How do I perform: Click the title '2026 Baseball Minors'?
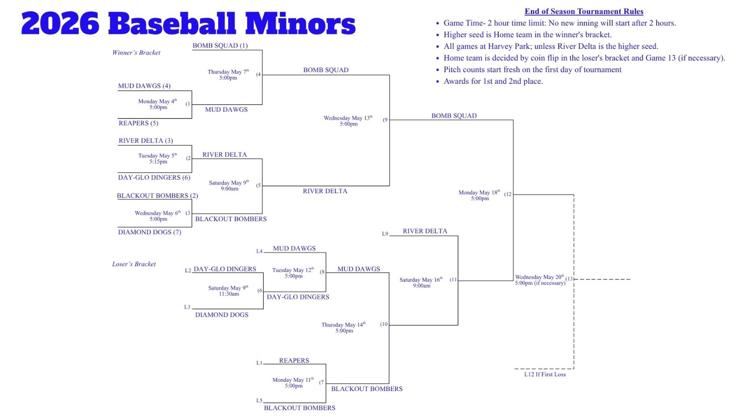tap(188, 23)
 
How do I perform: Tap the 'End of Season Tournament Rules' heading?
tap(584, 11)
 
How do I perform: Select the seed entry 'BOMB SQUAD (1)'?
tap(220, 46)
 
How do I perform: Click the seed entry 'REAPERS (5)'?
tap(138, 123)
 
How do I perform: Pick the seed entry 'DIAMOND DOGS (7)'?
tap(149, 232)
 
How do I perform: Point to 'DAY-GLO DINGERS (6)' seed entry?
tap(154, 177)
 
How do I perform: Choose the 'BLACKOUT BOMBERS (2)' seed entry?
tap(157, 196)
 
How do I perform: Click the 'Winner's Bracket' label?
tap(136, 53)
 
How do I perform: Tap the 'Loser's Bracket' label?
tap(134, 264)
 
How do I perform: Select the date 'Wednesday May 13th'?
tap(348, 118)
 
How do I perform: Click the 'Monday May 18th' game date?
tap(479, 192)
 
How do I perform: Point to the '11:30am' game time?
tap(229, 294)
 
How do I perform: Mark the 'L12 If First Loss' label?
tap(545, 374)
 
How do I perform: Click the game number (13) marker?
tap(569, 279)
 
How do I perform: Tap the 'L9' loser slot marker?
tap(385, 234)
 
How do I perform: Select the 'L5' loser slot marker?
tap(259, 401)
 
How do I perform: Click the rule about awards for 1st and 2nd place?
tap(493, 81)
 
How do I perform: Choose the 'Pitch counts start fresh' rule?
tap(532, 69)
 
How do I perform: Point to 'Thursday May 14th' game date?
tap(343, 324)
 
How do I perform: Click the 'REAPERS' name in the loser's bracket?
tap(294, 360)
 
